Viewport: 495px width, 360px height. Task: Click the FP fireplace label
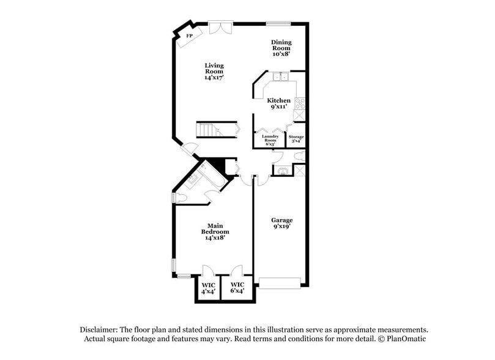190,36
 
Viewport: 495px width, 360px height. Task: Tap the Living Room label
214,72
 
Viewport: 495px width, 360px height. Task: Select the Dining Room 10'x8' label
281,48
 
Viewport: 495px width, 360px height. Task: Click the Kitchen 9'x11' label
278,103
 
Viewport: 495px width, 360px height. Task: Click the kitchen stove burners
300,103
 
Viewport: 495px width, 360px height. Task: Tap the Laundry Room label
270,140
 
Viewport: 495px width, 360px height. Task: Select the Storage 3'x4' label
296,139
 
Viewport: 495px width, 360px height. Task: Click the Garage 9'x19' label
281,223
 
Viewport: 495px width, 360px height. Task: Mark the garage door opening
280,282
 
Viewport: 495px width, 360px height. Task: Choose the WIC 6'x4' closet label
237,288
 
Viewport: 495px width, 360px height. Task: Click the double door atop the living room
218,28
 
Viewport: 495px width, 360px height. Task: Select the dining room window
278,24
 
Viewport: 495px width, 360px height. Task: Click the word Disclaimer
100,329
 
